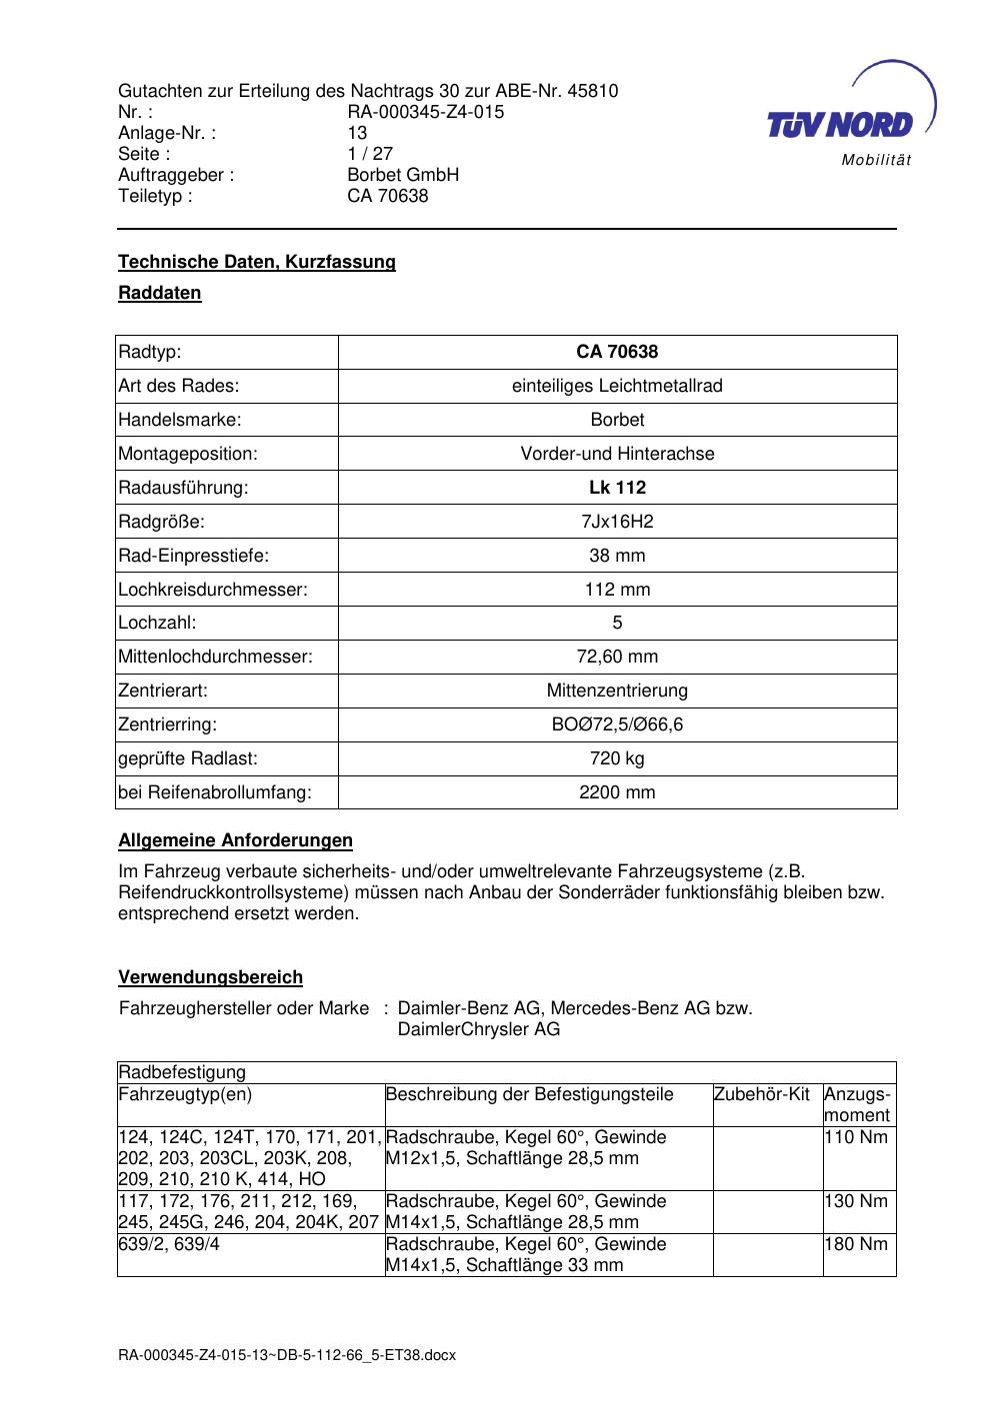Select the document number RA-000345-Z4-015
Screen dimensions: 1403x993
coord(425,112)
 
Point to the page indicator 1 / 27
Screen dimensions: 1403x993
coord(369,154)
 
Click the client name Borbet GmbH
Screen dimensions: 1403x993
coord(402,175)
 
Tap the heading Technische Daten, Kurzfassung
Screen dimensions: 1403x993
coord(257,262)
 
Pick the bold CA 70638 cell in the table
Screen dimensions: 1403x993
coord(617,352)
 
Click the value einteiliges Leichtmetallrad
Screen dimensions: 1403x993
coord(617,386)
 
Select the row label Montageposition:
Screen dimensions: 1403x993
coord(188,454)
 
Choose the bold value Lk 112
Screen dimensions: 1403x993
coord(617,488)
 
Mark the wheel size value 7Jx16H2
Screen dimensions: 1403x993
coord(617,522)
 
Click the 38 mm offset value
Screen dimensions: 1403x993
coord(617,556)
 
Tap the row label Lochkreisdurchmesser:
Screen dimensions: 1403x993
coord(213,590)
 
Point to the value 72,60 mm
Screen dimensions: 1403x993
coord(617,657)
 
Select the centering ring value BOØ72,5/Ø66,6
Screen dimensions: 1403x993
coord(617,724)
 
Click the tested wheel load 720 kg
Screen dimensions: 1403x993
coord(617,758)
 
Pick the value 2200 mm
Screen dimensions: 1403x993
coord(617,792)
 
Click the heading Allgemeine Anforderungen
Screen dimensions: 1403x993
coord(235,840)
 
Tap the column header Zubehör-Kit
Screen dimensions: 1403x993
coord(762,1094)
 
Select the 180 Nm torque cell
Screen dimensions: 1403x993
coord(856,1245)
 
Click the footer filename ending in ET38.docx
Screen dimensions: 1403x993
coord(287,1355)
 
